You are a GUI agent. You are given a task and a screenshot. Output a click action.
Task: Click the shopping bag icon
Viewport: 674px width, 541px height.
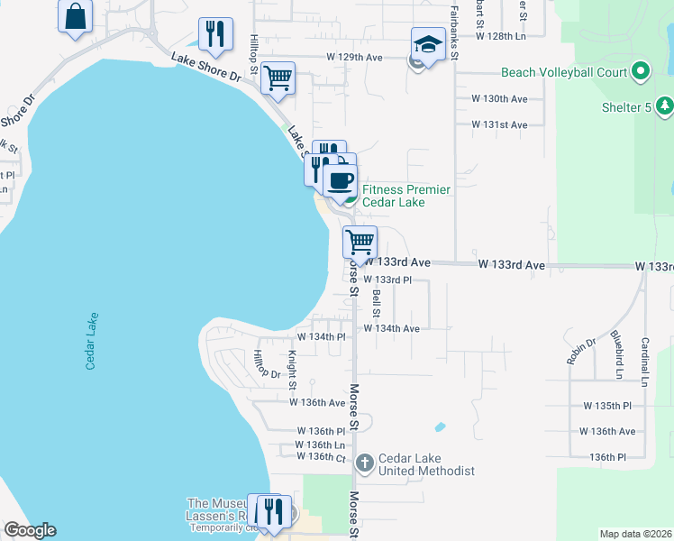pyautogui.click(x=75, y=15)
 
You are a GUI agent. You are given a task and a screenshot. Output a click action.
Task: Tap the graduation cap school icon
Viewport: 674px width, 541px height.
pyautogui.click(x=429, y=44)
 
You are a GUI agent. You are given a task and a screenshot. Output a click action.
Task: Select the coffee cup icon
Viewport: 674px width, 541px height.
pyautogui.click(x=340, y=180)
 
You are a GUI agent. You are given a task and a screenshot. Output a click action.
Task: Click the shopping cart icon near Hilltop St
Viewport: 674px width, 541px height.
pyautogui.click(x=278, y=78)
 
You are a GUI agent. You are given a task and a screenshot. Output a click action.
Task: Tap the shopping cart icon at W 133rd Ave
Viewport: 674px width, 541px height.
pyautogui.click(x=360, y=242)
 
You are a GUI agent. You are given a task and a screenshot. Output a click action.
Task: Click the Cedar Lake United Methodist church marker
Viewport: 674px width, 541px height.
pyautogui.click(x=364, y=463)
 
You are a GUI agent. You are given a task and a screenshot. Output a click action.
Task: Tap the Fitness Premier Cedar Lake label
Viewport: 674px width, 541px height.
pyautogui.click(x=405, y=196)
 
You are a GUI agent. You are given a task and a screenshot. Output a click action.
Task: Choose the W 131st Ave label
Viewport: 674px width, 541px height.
pyautogui.click(x=499, y=124)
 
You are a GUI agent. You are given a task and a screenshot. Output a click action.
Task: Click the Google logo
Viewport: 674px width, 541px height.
pyautogui.click(x=30, y=530)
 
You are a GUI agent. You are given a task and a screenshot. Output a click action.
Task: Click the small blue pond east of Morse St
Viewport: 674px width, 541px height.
pyautogui.click(x=440, y=426)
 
